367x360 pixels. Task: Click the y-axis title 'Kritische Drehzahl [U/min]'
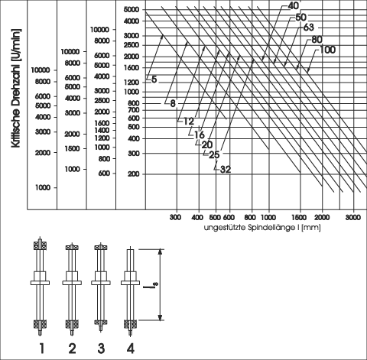16,88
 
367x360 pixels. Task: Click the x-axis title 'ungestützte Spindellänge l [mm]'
262,228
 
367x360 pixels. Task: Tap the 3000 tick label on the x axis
353,217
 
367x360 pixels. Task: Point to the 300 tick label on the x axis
175,217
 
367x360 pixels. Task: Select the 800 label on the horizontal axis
250,217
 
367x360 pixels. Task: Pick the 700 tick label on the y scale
134,110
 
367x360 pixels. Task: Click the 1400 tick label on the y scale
102,130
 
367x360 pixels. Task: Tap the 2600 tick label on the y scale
132,45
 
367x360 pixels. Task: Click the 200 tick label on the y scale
134,174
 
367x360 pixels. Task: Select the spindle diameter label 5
154,79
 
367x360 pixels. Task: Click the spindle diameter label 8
173,103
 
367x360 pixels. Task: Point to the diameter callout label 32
226,170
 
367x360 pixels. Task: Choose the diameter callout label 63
308,28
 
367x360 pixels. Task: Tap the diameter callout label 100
327,50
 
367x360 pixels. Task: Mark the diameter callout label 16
199,135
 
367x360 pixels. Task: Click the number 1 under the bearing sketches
42,348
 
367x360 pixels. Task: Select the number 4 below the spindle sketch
130,348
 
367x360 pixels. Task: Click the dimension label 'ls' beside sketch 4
147,284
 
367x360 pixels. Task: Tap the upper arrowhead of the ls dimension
160,251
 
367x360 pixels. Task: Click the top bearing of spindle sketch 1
40,245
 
